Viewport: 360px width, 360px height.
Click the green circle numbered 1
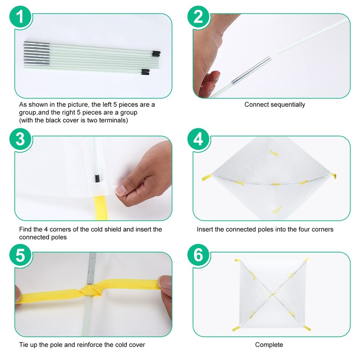(21, 17)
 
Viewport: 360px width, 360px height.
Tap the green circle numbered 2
(198, 17)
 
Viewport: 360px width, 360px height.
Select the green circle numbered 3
(21, 139)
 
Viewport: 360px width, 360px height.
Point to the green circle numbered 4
(198, 139)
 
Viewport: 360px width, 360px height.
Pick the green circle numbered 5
(21, 255)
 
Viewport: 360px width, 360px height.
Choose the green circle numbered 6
(198, 255)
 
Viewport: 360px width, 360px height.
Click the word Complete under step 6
(269, 345)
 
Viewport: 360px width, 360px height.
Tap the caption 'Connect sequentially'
(274, 104)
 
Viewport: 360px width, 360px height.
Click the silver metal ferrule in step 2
(252, 71)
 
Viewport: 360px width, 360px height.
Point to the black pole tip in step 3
(97, 179)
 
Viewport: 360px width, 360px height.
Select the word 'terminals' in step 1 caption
(113, 120)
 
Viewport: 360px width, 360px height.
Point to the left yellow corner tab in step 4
(207, 177)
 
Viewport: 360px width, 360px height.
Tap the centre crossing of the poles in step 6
(273, 294)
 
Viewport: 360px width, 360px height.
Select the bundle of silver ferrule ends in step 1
(37, 53)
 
